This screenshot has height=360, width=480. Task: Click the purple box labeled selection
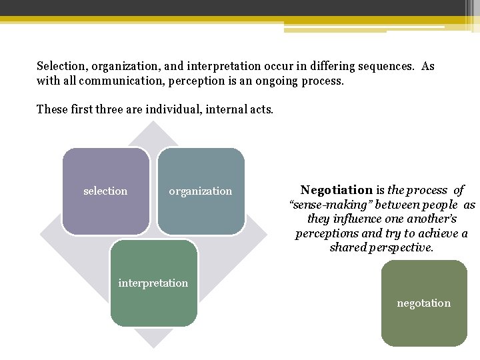pos(105,191)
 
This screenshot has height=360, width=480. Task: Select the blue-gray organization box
pos(201,191)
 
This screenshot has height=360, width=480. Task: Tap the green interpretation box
pos(153,283)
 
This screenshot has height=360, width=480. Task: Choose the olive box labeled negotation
pos(424,303)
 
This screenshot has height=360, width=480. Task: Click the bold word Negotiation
pos(336,190)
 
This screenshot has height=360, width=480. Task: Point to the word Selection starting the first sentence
pos(62,67)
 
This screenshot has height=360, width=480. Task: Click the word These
pos(52,109)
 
